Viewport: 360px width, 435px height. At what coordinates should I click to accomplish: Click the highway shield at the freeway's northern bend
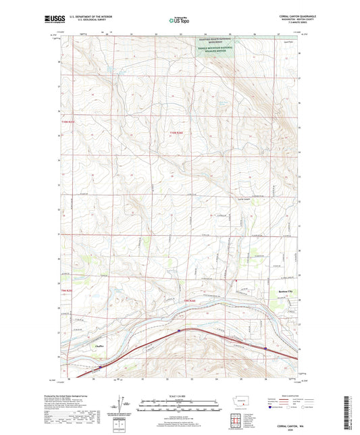(178, 330)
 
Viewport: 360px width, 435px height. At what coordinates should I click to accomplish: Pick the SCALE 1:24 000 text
(180, 399)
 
